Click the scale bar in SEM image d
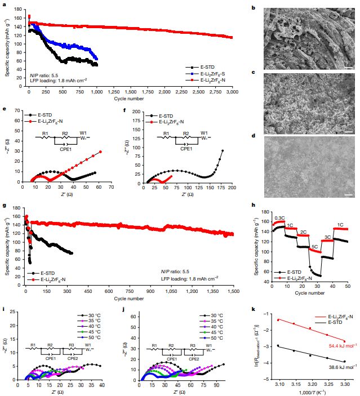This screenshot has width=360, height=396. tap(348, 195)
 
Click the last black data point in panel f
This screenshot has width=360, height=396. tap(223, 151)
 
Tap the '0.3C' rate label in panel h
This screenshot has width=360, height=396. tap(281, 217)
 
